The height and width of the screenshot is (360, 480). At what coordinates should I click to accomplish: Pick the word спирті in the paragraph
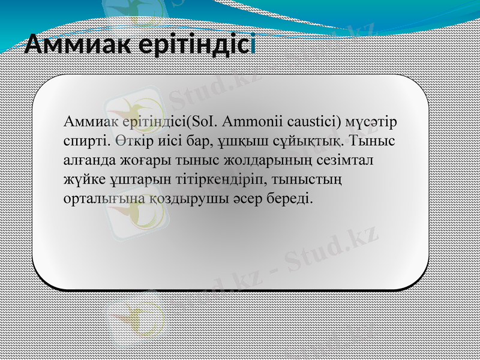click(86, 142)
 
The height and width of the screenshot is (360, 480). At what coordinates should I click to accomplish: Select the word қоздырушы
click(170, 199)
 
